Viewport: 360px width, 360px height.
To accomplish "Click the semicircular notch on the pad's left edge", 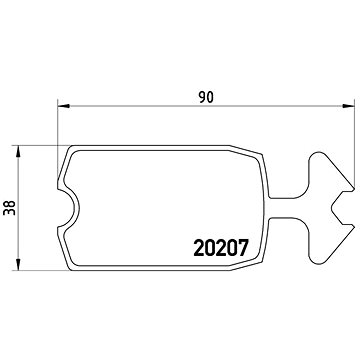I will [x=70, y=208].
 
